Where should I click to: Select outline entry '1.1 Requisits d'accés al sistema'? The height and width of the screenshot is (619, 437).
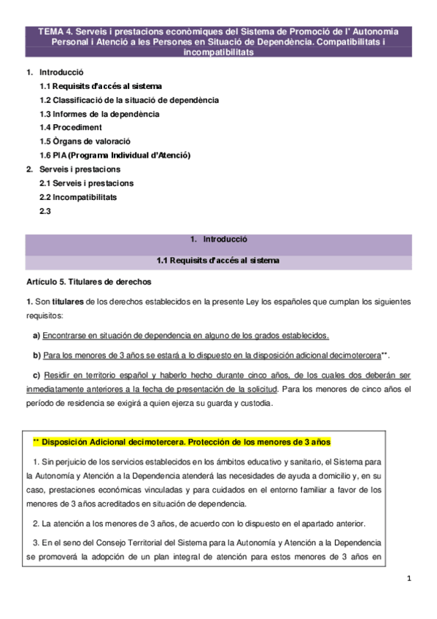(x=101, y=86)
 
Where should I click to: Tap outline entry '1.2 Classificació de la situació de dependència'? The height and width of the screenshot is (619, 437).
(x=128, y=100)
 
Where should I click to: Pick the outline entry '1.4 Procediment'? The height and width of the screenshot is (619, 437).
(x=71, y=128)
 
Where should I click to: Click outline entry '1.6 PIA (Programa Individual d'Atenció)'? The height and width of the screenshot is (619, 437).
(x=115, y=155)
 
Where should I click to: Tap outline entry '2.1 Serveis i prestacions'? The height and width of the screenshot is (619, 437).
(x=86, y=183)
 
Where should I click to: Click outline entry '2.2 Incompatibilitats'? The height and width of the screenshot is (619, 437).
(x=78, y=197)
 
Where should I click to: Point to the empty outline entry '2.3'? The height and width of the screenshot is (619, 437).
(x=45, y=211)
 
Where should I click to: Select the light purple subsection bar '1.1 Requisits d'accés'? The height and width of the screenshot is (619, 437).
(x=218, y=261)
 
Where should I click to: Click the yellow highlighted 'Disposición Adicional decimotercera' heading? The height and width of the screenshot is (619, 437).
(x=182, y=442)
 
